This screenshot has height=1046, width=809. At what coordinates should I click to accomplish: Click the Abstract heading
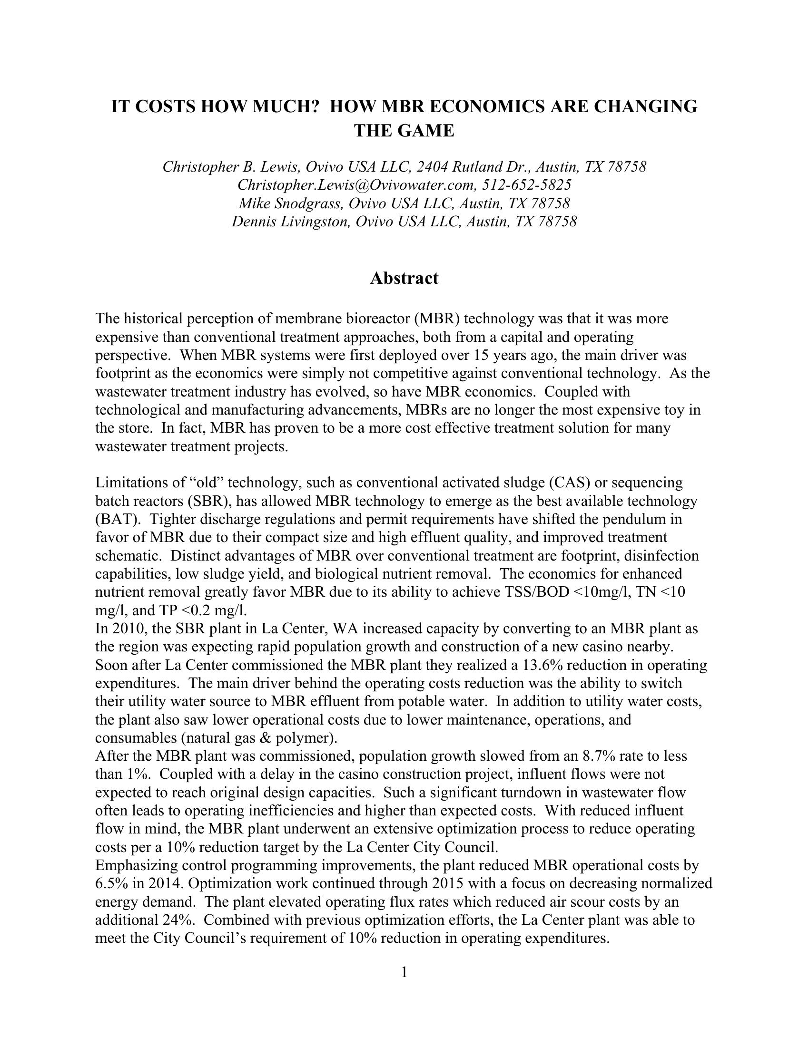pyautogui.click(x=404, y=278)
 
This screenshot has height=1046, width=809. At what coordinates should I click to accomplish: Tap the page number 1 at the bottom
pyautogui.click(x=404, y=972)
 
